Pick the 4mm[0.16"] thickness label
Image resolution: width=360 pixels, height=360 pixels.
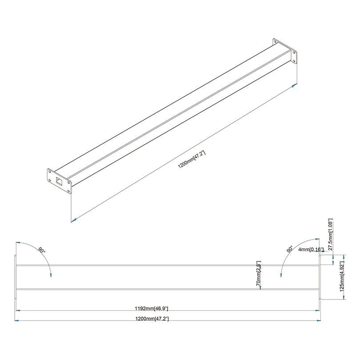click(x=311, y=250)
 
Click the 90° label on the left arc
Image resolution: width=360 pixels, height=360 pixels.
click(x=42, y=251)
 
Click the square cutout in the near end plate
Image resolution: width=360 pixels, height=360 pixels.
click(x=59, y=180)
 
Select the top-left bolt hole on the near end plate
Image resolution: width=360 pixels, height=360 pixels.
click(x=50, y=171)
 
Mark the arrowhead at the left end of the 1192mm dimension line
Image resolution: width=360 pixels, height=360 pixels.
click(x=18, y=311)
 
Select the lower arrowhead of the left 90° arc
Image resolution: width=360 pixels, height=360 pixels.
click(x=51, y=275)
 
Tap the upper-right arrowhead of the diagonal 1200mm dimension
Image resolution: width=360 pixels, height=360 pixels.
click(x=295, y=85)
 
